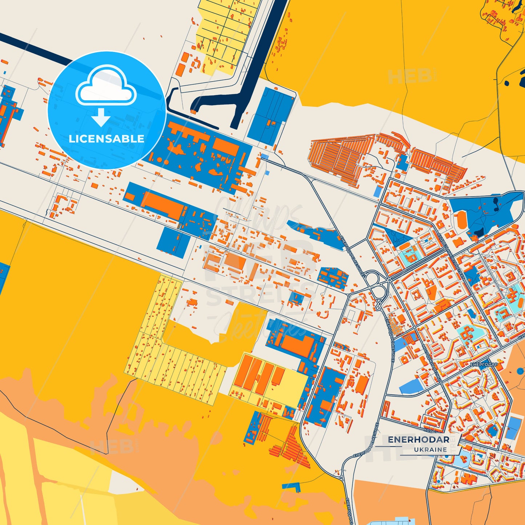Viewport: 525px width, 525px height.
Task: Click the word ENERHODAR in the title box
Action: pyautogui.click(x=418, y=440)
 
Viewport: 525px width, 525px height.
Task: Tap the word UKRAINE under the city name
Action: pyautogui.click(x=431, y=450)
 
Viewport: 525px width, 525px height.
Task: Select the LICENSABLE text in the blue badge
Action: pyautogui.click(x=106, y=139)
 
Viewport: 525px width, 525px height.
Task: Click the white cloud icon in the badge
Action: pyautogui.click(x=106, y=87)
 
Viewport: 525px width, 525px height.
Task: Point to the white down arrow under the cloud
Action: pyautogui.click(x=101, y=117)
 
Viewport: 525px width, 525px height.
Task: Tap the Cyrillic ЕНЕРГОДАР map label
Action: pyautogui.click(x=484, y=364)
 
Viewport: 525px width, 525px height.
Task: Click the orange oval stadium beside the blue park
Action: pyautogui.click(x=461, y=220)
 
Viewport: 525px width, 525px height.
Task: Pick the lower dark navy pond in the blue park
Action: pyautogui.click(x=478, y=231)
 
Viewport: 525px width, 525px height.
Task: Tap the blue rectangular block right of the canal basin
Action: pyautogui.click(x=271, y=116)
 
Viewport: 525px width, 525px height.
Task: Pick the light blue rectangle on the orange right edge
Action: pyautogui.click(x=513, y=428)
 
